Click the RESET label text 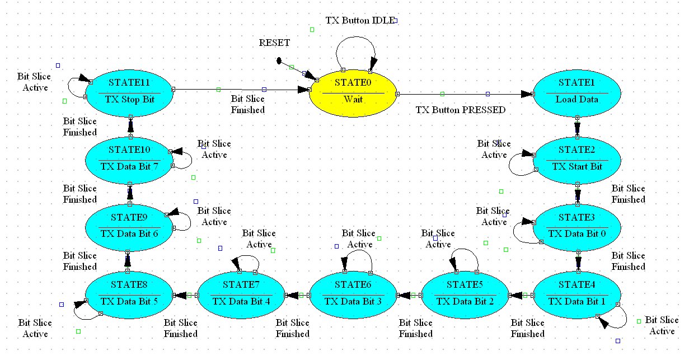click(x=274, y=43)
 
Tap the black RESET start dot click(x=279, y=60)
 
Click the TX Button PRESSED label click(x=460, y=110)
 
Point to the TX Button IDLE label click(x=359, y=21)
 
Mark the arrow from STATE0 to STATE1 click(x=465, y=94)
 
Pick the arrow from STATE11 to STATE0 click(x=241, y=90)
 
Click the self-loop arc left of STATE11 click(x=69, y=87)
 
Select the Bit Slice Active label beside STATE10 click(x=214, y=149)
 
